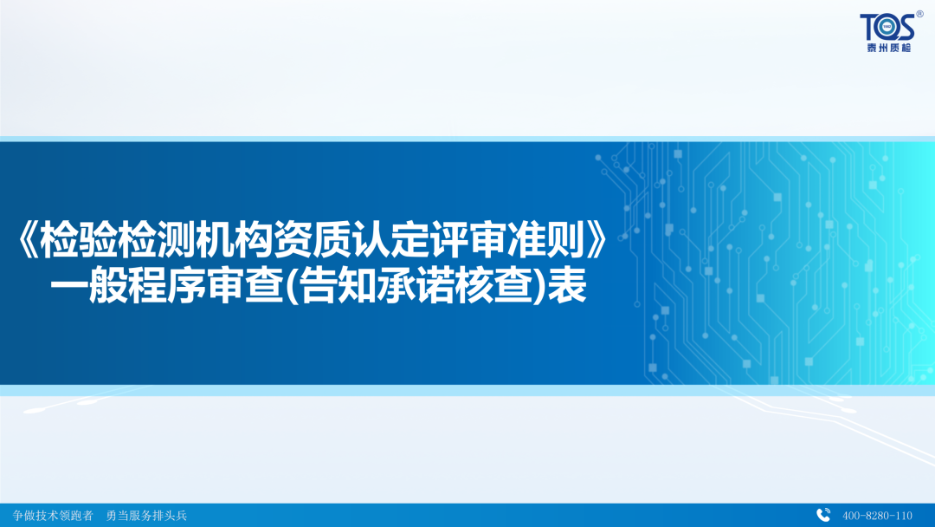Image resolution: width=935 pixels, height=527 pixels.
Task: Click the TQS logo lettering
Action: [x=886, y=27]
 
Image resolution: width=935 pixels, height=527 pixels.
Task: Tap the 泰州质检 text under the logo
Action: [x=886, y=46]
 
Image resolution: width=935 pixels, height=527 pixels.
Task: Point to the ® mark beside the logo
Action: [x=919, y=15]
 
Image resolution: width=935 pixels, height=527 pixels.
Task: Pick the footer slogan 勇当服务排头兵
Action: [x=145, y=515]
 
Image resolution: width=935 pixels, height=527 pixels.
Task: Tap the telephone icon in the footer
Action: [x=823, y=515]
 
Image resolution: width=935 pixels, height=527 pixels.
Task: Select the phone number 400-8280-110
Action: [x=877, y=515]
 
